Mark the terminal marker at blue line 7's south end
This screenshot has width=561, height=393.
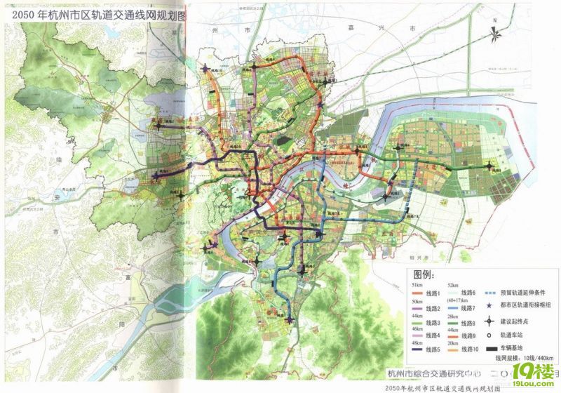coord(290,319)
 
